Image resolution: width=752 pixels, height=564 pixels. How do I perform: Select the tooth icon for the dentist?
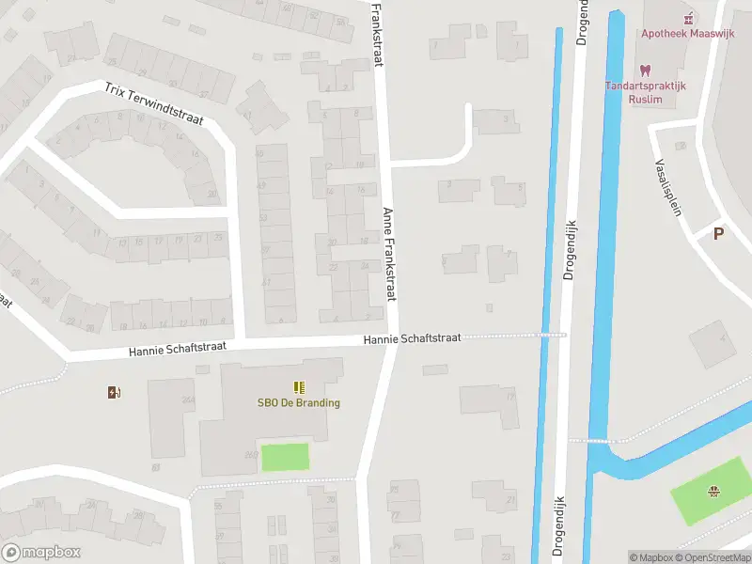pos(645,70)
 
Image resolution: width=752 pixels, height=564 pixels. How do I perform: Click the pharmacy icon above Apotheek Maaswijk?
pos(689,17)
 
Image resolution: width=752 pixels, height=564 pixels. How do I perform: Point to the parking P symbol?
pos(719,234)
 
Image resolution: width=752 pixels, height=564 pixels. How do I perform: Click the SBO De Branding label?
pos(299,403)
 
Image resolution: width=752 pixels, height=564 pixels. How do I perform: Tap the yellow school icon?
pos(299,387)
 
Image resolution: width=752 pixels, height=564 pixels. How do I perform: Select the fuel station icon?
pos(115,392)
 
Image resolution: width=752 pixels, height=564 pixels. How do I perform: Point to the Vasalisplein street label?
pos(666,185)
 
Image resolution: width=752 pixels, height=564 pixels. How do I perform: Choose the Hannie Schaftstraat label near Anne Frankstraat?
pos(412,338)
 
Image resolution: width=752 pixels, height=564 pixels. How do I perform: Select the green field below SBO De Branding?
pos(285,457)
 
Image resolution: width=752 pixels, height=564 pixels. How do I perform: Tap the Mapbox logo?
pos(41,553)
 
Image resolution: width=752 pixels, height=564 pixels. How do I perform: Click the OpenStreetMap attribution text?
pos(717,557)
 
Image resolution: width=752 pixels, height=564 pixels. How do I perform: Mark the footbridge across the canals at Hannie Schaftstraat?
pos(551,334)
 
